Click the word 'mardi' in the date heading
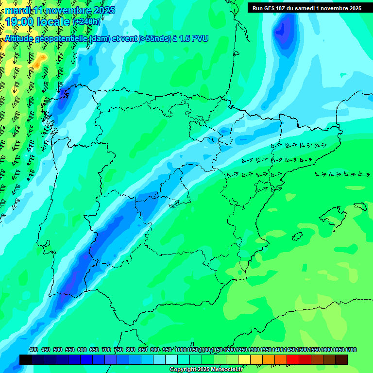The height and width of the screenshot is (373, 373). (17, 10)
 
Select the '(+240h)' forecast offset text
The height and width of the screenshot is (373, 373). (87, 22)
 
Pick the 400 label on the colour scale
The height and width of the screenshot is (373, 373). (33, 350)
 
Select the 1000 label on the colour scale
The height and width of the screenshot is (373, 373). (180, 350)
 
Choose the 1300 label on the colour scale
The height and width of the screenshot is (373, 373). (254, 350)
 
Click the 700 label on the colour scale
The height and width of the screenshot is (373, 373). (106, 350)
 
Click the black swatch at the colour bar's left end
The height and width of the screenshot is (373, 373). (26, 359)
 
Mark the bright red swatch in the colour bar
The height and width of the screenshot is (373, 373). (293, 359)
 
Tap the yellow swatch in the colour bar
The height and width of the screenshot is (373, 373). (244, 359)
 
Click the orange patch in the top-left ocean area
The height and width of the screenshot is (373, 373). (39, 61)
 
